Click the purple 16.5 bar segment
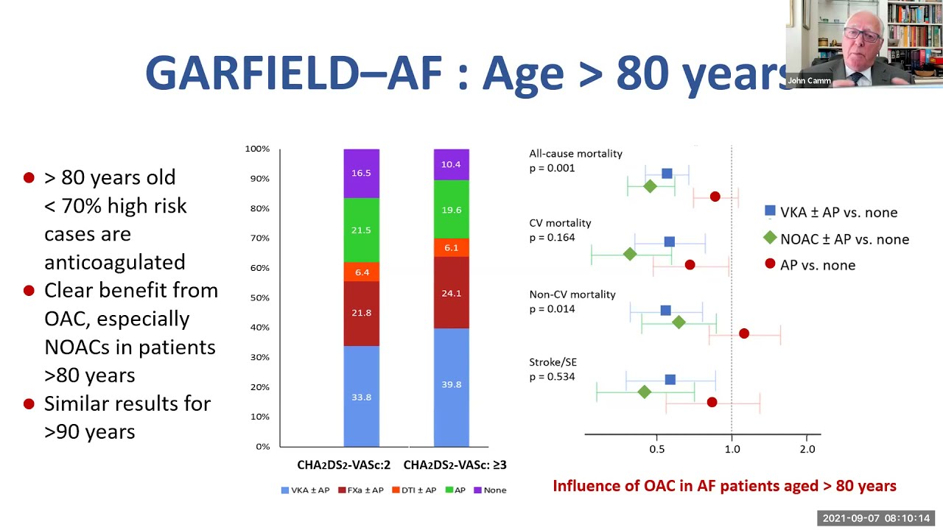pyautogui.click(x=361, y=173)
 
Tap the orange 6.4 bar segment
pyautogui.click(x=361, y=272)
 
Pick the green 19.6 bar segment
pyautogui.click(x=451, y=209)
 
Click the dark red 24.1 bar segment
pyautogui.click(x=451, y=292)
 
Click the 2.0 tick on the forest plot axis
pyautogui.click(x=807, y=449)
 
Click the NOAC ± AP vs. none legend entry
pyautogui.click(x=835, y=239)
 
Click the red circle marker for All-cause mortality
pyautogui.click(x=715, y=197)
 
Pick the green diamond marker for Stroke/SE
pyautogui.click(x=645, y=392)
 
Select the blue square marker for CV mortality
pyautogui.click(x=669, y=241)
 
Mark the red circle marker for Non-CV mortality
pyautogui.click(x=744, y=333)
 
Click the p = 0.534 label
pyautogui.click(x=552, y=377)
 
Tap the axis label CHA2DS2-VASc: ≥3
pyautogui.click(x=455, y=465)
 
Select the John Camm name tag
pyautogui.click(x=809, y=81)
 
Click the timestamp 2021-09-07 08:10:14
pyautogui.click(x=876, y=518)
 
